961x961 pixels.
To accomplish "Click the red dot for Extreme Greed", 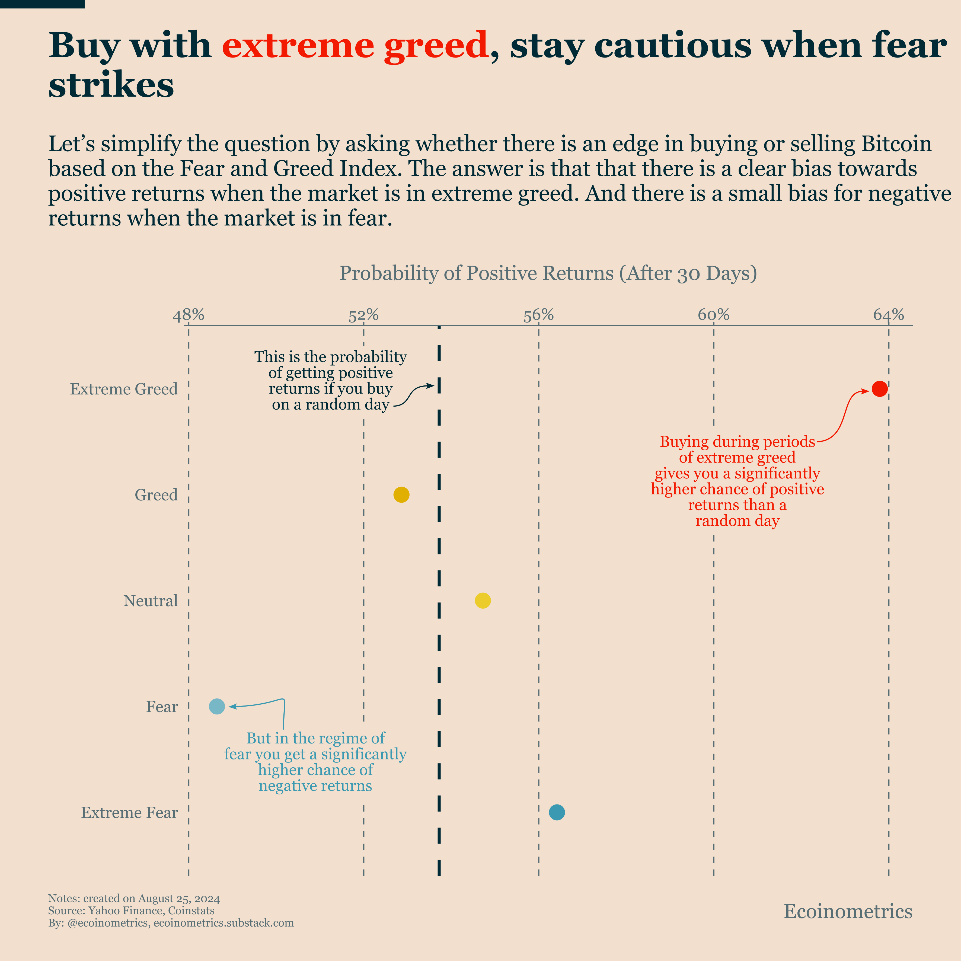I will coord(879,388).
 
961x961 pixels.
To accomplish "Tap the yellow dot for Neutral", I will coord(483,600).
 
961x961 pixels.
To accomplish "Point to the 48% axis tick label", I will coord(189,315).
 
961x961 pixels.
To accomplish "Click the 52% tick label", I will coord(364,315).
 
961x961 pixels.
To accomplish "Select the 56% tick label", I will coord(539,315).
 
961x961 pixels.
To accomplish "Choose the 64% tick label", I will coord(888,315).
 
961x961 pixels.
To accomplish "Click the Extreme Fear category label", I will coord(129,812).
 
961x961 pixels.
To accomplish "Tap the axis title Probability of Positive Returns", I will coord(548,273).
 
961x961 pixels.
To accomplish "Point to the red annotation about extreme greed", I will coord(737,481).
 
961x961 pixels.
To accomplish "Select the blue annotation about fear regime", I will coord(315,762).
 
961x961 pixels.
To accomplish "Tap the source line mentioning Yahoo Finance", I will coord(131,911).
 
